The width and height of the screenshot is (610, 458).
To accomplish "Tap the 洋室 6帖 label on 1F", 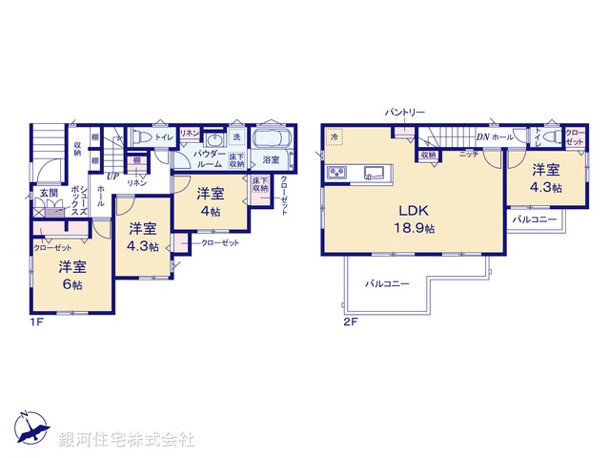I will point(72,275).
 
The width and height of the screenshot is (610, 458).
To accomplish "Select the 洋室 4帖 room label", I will point(210,202).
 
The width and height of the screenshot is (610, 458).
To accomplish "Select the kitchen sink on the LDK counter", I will point(373,173).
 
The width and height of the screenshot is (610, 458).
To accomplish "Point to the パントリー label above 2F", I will point(404,112).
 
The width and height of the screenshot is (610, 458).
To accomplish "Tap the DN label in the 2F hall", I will point(483,137).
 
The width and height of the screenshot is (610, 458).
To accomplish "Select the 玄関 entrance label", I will point(48,194).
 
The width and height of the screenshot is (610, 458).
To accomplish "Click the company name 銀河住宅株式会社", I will point(127,440).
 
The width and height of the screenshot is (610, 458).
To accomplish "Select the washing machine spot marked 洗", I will point(237,135).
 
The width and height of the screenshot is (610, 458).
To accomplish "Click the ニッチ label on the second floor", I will point(468,155).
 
